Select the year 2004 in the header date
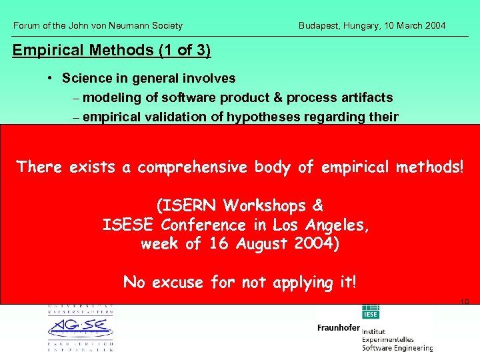click(x=435, y=26)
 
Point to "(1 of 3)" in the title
click(x=185, y=50)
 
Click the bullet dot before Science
click(x=51, y=78)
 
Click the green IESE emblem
click(x=370, y=312)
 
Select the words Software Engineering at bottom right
click(x=397, y=347)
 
